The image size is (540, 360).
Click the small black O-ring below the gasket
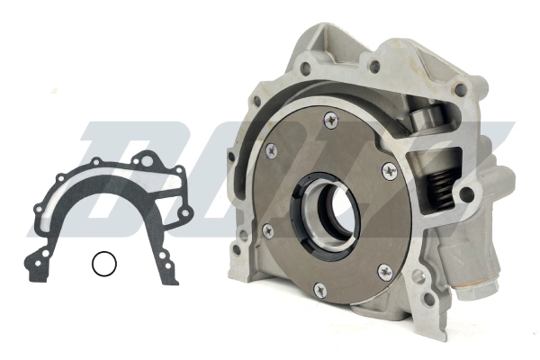[104, 264]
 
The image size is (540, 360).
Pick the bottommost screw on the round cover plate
[319, 289]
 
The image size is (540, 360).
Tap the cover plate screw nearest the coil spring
[388, 169]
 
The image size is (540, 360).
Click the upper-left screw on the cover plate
[271, 149]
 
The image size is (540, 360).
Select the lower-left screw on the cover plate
[267, 231]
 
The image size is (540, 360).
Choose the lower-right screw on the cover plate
[383, 269]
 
